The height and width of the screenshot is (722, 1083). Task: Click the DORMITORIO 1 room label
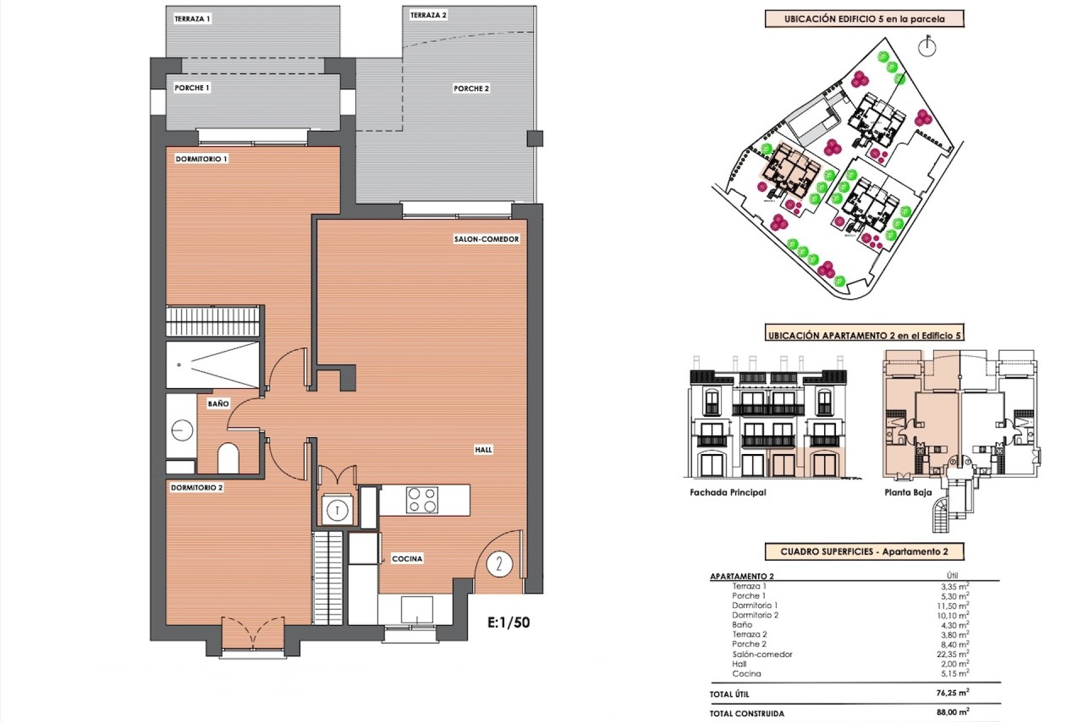[201, 159]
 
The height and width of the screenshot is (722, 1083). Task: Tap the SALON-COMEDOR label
[486, 239]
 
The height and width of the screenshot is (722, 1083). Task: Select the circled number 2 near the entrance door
[499, 563]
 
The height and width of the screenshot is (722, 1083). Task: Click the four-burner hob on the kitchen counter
[422, 500]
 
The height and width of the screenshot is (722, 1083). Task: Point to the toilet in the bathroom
[228, 458]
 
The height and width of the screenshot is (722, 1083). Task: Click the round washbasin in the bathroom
[182, 431]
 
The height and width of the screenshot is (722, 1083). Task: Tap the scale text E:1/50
[508, 622]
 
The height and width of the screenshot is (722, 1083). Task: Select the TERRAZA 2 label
[428, 15]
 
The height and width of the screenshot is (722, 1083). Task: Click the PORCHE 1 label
[192, 88]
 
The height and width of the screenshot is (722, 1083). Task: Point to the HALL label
[483, 450]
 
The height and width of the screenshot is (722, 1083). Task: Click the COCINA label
[407, 558]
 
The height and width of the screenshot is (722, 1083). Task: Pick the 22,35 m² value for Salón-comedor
[953, 654]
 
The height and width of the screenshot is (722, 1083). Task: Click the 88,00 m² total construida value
[953, 712]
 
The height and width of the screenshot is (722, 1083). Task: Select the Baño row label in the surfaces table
[742, 625]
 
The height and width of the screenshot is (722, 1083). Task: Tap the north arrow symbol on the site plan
[927, 47]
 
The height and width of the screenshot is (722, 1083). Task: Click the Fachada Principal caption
[728, 492]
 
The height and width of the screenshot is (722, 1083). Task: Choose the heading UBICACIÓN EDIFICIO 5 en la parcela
[864, 19]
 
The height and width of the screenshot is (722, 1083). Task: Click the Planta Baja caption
[908, 492]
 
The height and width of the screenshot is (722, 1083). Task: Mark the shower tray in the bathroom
[213, 364]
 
